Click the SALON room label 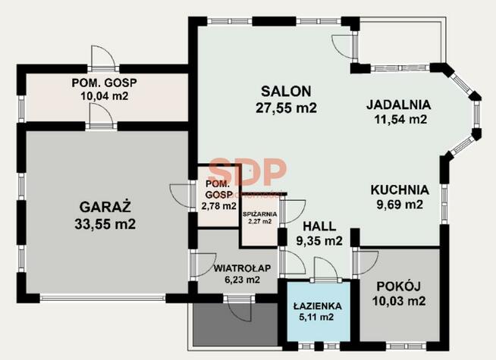pyautogui.click(x=286, y=92)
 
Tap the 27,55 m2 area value pyautogui.click(x=286, y=108)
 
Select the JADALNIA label pyautogui.click(x=399, y=105)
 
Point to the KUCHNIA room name pyautogui.click(x=400, y=190)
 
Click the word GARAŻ pyautogui.click(x=105, y=207)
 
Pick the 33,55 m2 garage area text pyautogui.click(x=105, y=224)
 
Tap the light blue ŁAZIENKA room pyautogui.click(x=319, y=311)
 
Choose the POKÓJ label pyautogui.click(x=399, y=286)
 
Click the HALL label pyautogui.click(x=319, y=227)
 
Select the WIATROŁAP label pyautogui.click(x=242, y=268)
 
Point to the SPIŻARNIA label pyautogui.click(x=259, y=214)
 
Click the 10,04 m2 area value pyautogui.click(x=105, y=95)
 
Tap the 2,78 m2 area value pyautogui.click(x=219, y=206)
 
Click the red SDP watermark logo pyautogui.click(x=248, y=171)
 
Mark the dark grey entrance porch pyautogui.click(x=235, y=324)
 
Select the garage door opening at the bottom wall pyautogui.click(x=102, y=298)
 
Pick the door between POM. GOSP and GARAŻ pyautogui.click(x=101, y=116)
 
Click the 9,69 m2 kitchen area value pyautogui.click(x=400, y=205)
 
